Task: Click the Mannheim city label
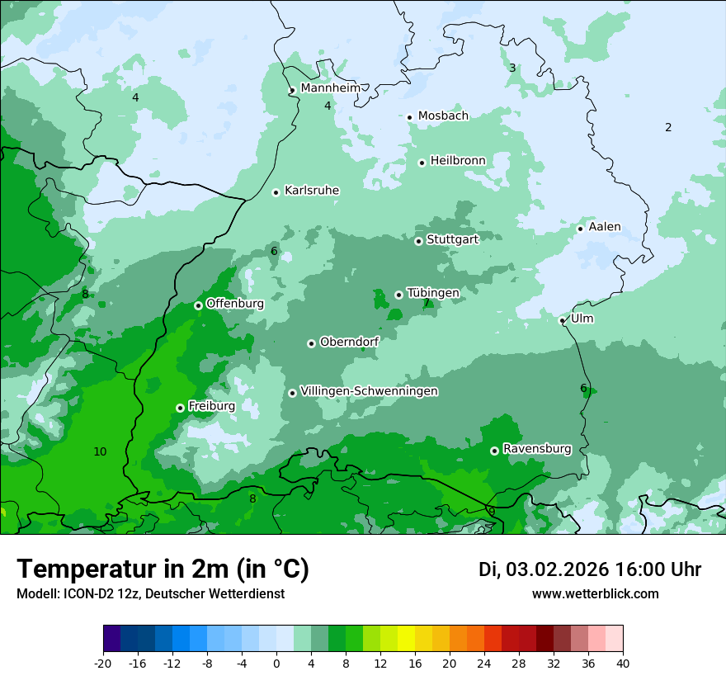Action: pos(331,87)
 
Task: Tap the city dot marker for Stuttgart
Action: pos(418,241)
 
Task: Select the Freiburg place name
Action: pos(211,406)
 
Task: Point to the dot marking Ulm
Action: pos(562,320)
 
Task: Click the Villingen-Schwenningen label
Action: pos(369,391)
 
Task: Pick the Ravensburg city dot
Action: pos(494,451)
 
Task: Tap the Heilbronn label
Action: pos(458,160)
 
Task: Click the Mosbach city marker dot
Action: pos(409,117)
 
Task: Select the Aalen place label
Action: pos(605,227)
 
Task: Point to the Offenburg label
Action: pos(235,303)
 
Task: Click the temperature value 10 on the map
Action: pos(100,451)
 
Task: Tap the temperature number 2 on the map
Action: pos(668,127)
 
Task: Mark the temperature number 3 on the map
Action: pos(512,68)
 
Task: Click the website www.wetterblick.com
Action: pos(595,594)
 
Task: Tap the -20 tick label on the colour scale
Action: pos(103,663)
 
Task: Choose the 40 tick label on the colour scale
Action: pos(622,663)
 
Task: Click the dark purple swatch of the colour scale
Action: pos(111,639)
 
